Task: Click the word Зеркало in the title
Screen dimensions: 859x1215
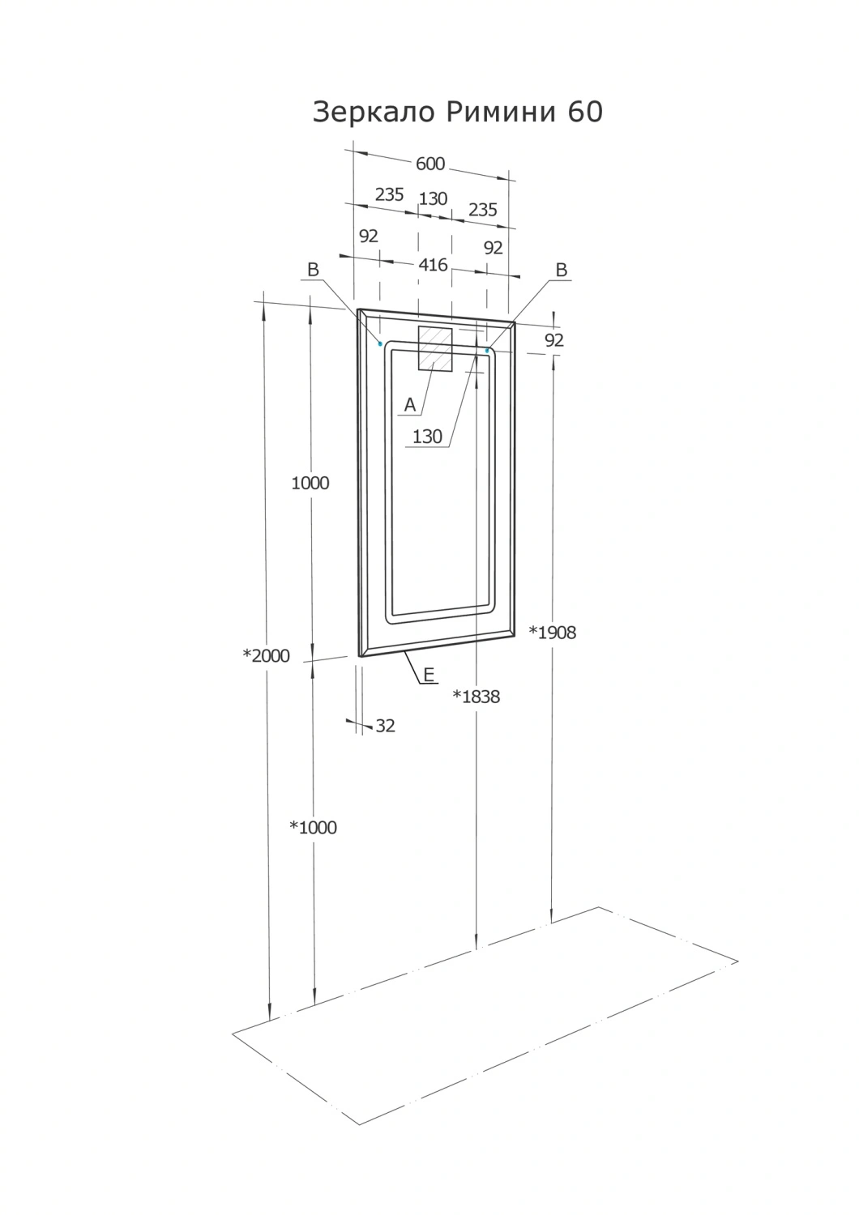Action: click(374, 113)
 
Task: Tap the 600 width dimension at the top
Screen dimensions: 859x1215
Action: click(430, 164)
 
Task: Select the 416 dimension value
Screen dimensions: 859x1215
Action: click(433, 265)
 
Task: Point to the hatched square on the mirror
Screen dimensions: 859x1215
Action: click(434, 349)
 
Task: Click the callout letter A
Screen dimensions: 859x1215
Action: click(410, 405)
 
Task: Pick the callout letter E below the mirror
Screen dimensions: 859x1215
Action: click(429, 675)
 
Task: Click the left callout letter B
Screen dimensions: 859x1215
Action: click(313, 270)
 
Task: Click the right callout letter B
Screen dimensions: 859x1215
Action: click(562, 270)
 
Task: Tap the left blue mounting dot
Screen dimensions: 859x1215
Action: click(380, 344)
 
